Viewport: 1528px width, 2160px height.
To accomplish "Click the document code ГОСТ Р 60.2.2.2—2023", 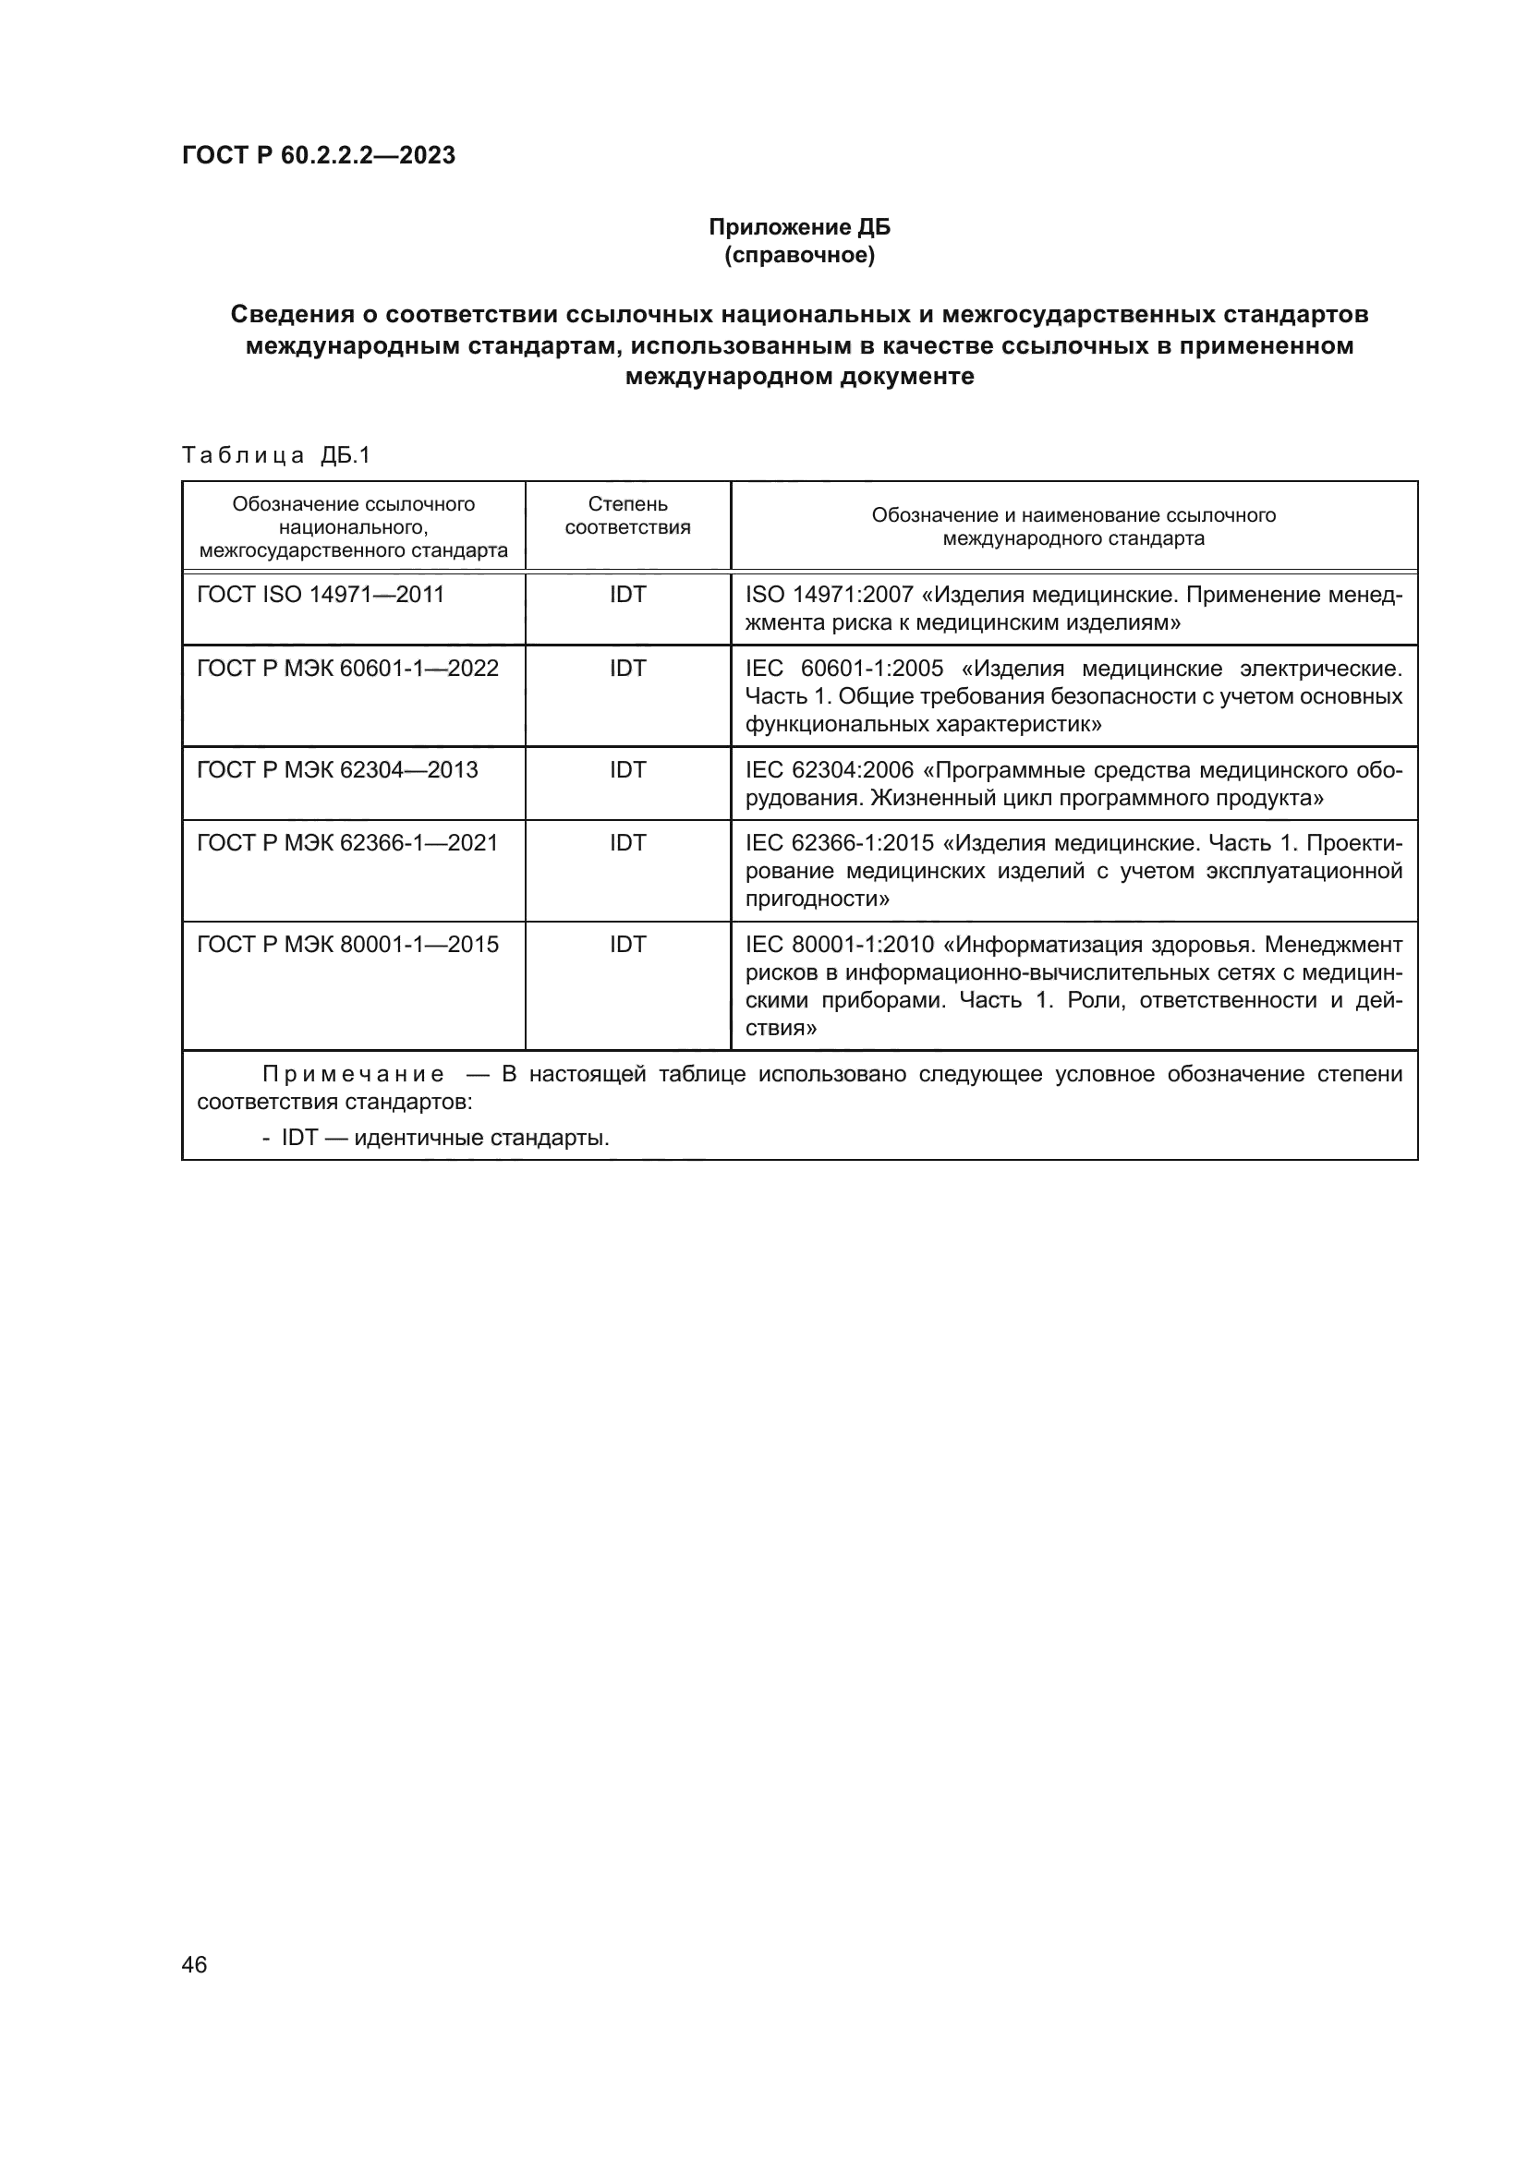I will click(x=318, y=155).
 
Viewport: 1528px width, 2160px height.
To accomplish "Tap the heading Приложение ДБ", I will click(x=799, y=227).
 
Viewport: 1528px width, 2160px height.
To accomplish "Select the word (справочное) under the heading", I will click(x=799, y=256).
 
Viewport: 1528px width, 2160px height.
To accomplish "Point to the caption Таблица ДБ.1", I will click(x=276, y=455).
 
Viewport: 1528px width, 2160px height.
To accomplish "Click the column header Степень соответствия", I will click(x=627, y=515).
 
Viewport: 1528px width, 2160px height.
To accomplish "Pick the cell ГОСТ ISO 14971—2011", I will click(x=320, y=595).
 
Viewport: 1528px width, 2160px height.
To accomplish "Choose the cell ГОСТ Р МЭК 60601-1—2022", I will click(x=347, y=668).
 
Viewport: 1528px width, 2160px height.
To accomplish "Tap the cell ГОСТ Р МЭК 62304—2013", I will click(x=337, y=769).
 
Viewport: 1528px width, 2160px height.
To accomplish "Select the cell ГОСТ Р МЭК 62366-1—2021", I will click(x=347, y=843).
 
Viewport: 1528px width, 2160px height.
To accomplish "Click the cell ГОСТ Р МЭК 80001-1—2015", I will click(x=347, y=945).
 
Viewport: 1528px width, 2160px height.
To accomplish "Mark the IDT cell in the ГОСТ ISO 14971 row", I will click(x=627, y=595).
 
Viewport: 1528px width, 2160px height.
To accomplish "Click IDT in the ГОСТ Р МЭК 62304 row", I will click(x=627, y=769).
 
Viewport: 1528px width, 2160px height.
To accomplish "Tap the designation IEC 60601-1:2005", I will click(x=844, y=669).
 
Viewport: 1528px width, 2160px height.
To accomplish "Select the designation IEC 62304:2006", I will click(x=829, y=770).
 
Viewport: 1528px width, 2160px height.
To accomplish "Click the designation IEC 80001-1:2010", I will click(x=839, y=945).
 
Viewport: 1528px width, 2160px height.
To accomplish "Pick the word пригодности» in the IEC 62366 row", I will click(x=818, y=899).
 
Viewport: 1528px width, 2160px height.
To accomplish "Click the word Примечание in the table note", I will click(x=353, y=1074).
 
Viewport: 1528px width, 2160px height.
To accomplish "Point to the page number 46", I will click(x=194, y=1965).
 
